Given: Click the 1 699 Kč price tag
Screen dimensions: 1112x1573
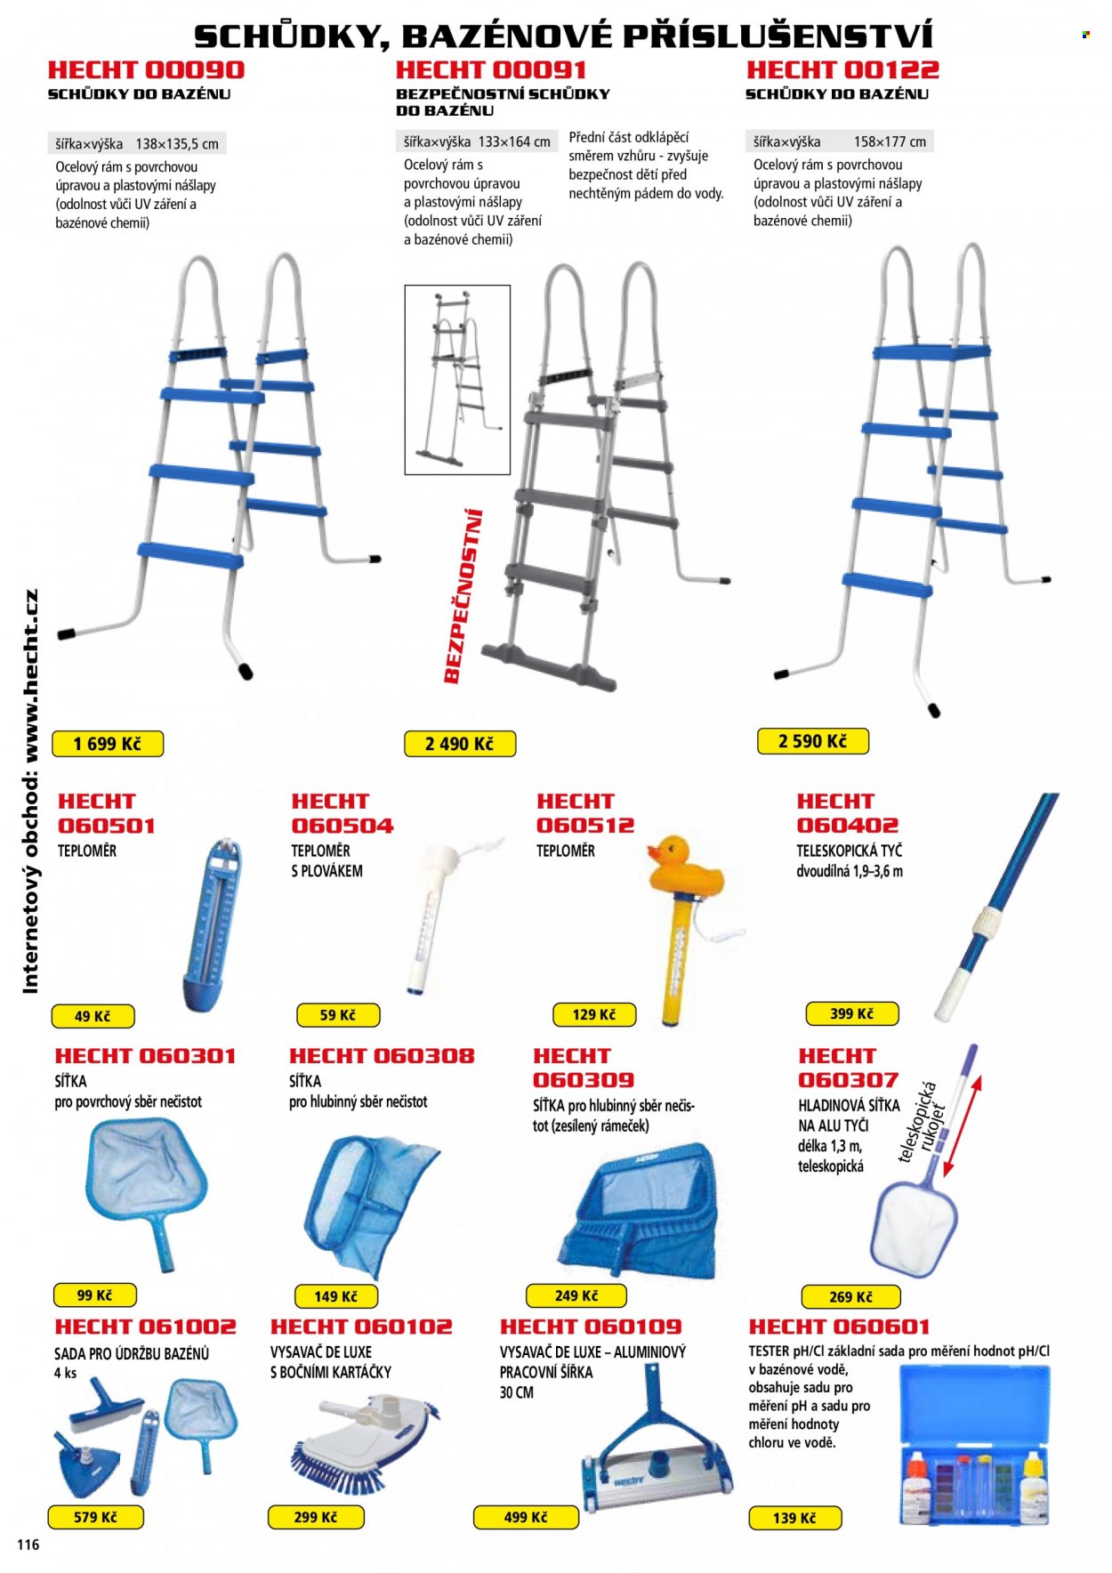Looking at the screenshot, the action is (108, 744).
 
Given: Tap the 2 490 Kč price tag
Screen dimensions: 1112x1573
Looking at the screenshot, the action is (459, 744).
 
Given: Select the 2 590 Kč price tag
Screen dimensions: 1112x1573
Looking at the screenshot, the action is (812, 741).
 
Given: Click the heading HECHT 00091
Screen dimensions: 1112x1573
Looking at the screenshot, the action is (491, 69).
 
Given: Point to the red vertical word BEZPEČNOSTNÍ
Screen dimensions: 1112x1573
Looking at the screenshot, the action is (463, 595).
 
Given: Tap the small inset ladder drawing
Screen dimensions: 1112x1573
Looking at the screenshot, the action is (457, 380).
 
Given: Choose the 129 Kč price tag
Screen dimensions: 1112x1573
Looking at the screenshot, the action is (593, 1014).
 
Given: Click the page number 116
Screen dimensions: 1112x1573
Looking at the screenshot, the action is (28, 1545).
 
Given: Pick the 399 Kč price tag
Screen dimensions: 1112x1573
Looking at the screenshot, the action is (851, 1013).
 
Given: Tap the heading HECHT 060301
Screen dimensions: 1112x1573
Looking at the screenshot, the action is (146, 1056).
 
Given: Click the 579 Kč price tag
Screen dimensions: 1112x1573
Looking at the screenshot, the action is (95, 1517).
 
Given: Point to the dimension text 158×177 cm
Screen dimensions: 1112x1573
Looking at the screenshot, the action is (890, 141).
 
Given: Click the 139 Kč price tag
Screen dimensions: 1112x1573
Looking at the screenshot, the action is (794, 1518).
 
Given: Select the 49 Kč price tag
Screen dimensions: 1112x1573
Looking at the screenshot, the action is (93, 1016).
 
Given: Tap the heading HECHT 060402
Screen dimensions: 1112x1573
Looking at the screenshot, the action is (848, 813).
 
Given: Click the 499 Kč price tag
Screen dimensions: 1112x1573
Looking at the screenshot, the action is (525, 1517).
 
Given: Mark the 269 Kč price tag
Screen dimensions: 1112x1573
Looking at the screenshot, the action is (850, 1297).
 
